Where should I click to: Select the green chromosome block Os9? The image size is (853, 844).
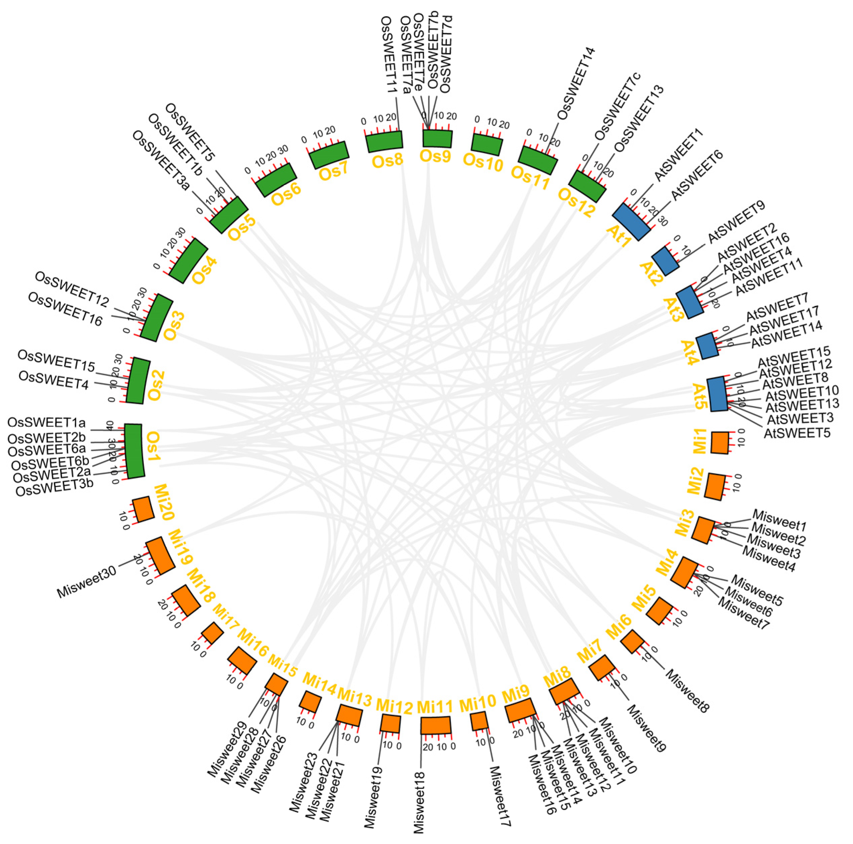[437, 138]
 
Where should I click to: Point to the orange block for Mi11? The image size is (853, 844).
[436, 725]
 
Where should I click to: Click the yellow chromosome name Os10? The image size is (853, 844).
[483, 163]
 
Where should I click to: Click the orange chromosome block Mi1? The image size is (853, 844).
[720, 442]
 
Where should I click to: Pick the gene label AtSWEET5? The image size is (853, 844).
[797, 432]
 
